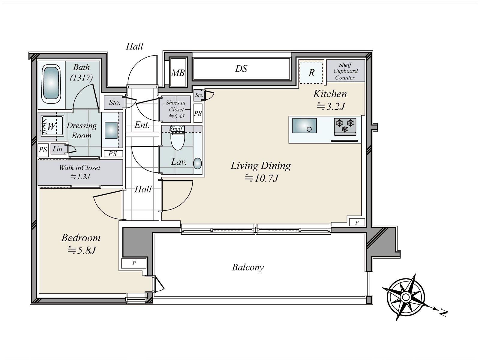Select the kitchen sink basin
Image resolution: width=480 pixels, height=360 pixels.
304,125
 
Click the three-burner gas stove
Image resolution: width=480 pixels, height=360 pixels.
345,127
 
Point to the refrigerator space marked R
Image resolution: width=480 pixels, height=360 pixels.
311,73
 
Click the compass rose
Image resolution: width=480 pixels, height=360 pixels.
406,297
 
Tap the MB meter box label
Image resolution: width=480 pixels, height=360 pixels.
178,73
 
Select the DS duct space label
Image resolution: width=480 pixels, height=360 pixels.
241,69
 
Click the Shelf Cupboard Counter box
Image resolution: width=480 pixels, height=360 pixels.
346,71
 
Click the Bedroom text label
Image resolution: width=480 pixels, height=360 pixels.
81,238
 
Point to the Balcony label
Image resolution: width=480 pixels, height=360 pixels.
248,267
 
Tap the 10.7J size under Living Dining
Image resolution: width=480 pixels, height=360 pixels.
262,178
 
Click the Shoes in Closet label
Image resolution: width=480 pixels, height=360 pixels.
176,106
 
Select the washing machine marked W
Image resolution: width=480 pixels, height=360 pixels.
52,126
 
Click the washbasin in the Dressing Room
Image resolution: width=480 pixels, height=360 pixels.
111,130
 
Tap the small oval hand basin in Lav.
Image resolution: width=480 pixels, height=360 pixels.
197,163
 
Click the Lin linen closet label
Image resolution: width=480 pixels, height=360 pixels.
58,149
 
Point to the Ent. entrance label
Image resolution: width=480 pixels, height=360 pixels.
142,125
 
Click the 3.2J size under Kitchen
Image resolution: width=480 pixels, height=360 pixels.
331,106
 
